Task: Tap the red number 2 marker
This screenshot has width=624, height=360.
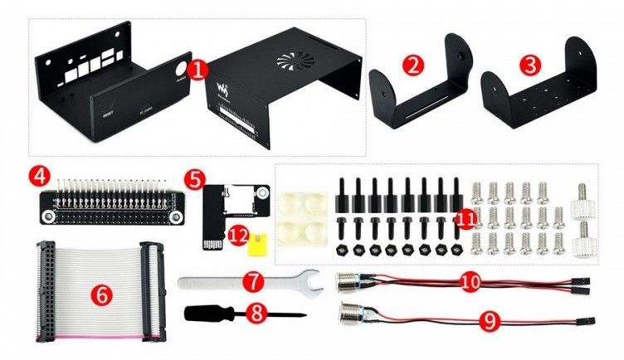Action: coord(412,64)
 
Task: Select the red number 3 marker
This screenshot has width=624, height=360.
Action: coord(527,64)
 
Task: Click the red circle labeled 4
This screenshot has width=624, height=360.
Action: coord(38,176)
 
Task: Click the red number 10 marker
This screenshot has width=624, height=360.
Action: coord(471,282)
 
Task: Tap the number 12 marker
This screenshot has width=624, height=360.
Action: coord(238,236)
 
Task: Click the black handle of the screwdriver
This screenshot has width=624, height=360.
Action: coord(205,314)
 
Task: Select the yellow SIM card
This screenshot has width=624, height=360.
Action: coord(260,240)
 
